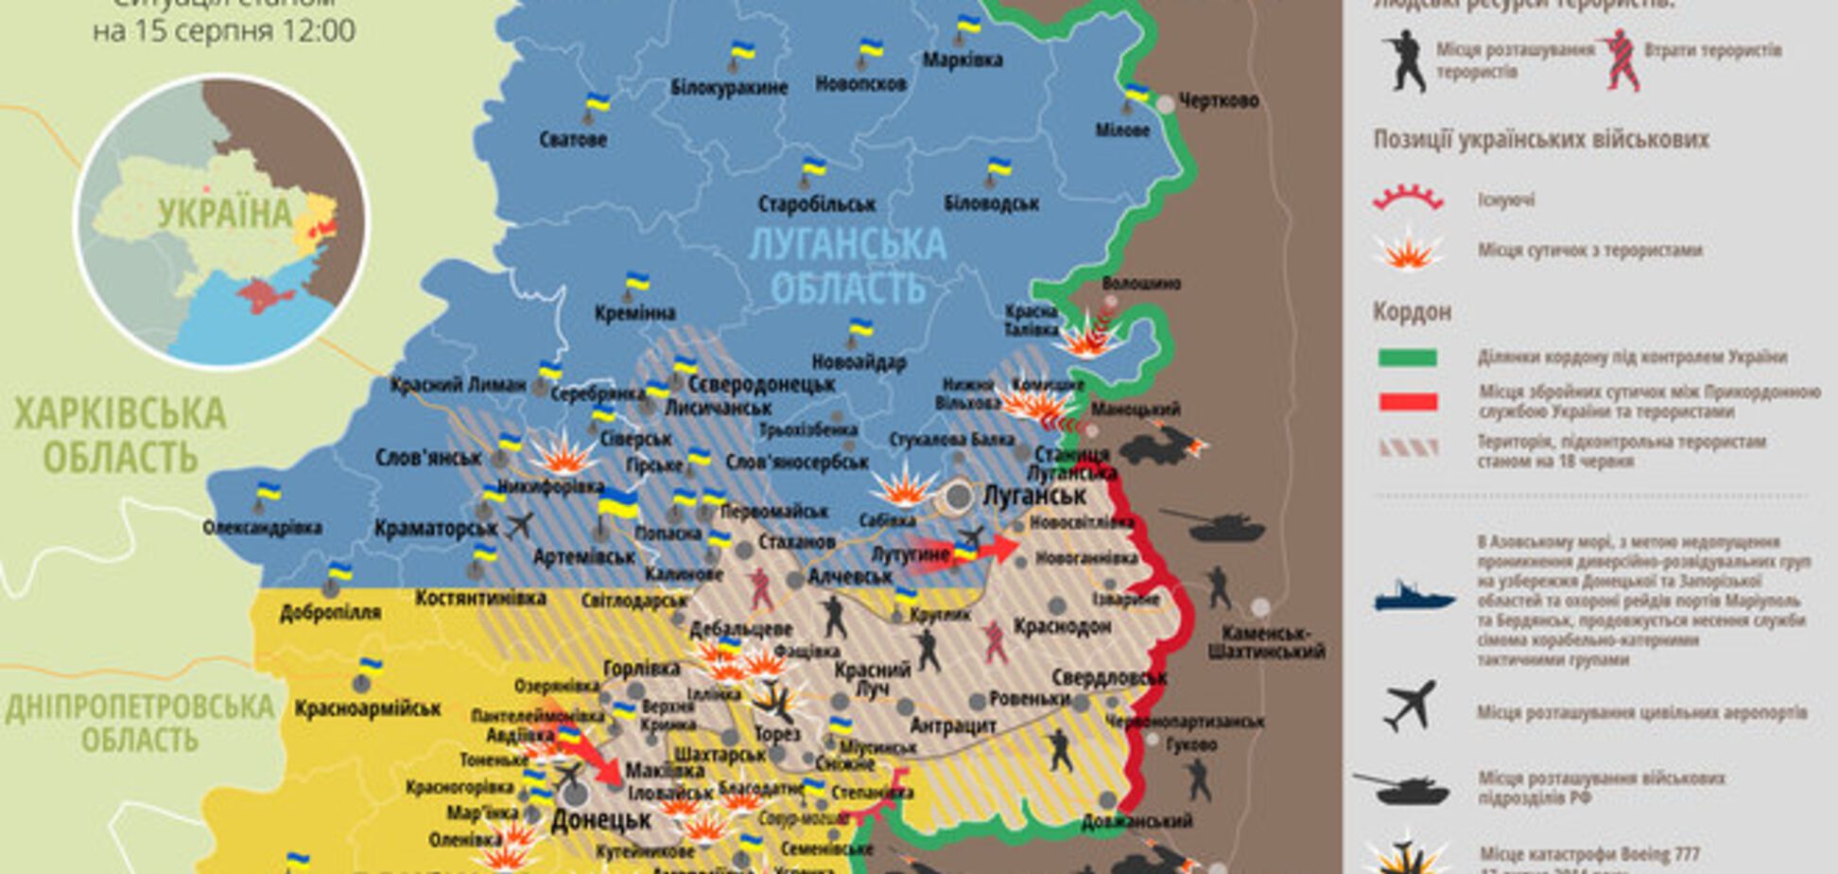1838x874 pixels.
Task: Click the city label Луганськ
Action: (1034, 495)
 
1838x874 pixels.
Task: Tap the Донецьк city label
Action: (601, 819)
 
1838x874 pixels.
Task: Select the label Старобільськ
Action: (817, 203)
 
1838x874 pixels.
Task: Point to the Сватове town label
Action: (573, 139)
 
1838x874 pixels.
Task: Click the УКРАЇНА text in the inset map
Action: (225, 214)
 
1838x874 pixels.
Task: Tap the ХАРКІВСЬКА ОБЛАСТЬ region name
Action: (120, 435)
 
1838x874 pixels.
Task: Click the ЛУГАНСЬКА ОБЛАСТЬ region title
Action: (847, 266)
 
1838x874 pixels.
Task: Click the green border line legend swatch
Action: (1408, 358)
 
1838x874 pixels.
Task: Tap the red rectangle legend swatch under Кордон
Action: (1408, 402)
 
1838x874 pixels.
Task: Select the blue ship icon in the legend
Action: (1413, 597)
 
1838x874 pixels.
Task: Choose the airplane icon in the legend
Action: (1409, 705)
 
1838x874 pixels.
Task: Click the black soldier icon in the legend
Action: (1406, 61)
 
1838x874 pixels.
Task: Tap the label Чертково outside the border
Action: (1218, 100)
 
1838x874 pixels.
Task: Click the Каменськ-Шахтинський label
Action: (1265, 642)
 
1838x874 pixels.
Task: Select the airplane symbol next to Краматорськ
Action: (519, 525)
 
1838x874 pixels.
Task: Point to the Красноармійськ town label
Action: (368, 708)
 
